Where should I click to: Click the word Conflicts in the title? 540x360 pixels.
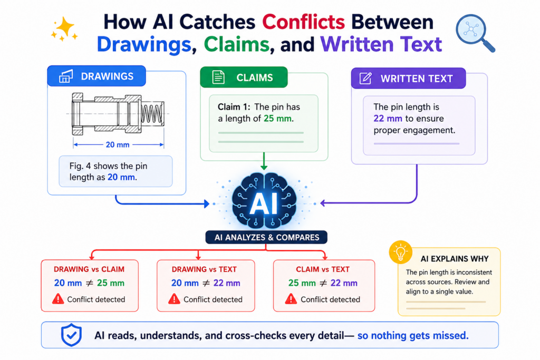pyautogui.click(x=303, y=22)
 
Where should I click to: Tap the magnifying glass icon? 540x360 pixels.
pyautogui.click(x=474, y=32)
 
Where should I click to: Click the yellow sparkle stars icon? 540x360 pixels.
pyautogui.click(x=64, y=29)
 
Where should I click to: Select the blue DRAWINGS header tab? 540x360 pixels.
pyautogui.click(x=97, y=76)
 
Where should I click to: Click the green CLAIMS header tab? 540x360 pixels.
pyautogui.click(x=244, y=77)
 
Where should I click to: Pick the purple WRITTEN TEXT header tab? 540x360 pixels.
pyautogui.click(x=409, y=79)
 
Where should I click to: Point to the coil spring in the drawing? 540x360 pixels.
pyautogui.click(x=152, y=113)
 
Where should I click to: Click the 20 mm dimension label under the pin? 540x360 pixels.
pyautogui.click(x=118, y=144)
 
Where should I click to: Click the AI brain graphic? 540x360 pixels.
pyautogui.click(x=264, y=201)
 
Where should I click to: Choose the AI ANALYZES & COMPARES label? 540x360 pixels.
pyautogui.click(x=266, y=238)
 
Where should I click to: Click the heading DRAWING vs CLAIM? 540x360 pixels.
pyautogui.click(x=89, y=269)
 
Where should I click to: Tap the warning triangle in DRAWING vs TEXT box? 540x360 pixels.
pyautogui.click(x=174, y=299)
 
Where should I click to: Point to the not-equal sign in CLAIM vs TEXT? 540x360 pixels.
pyautogui.click(x=323, y=283)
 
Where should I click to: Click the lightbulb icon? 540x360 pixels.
pyautogui.click(x=401, y=252)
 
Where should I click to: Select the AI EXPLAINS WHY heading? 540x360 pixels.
pyautogui.click(x=455, y=259)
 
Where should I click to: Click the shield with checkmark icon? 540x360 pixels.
pyautogui.click(x=71, y=335)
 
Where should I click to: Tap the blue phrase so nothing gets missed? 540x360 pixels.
pyautogui.click(x=413, y=336)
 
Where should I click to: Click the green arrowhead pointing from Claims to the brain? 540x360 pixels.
pyautogui.click(x=264, y=167)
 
